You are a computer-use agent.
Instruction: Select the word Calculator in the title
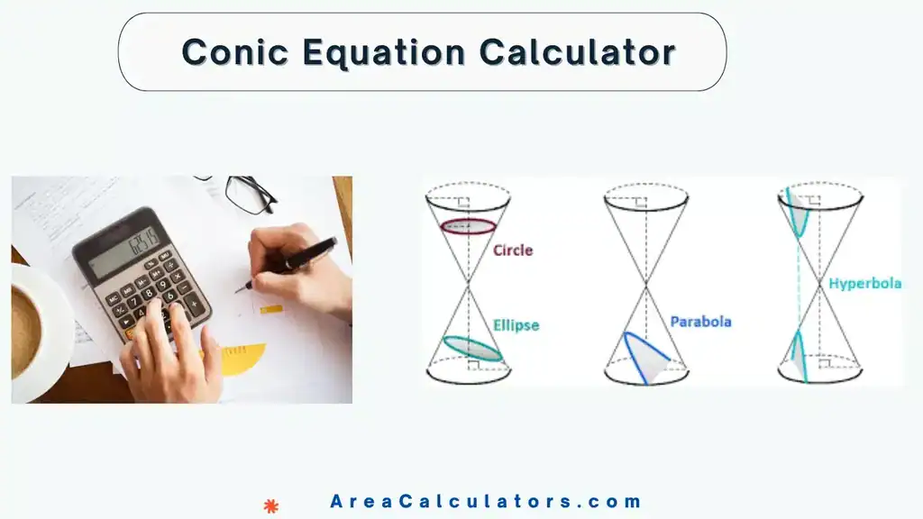[577, 51]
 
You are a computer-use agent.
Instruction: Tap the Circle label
[513, 250]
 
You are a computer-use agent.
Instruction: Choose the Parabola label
[700, 322]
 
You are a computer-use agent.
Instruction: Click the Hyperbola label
[864, 283]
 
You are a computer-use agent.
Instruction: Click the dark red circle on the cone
[467, 226]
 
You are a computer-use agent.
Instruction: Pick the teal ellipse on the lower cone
[472, 350]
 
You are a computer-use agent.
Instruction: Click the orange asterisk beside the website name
[270, 506]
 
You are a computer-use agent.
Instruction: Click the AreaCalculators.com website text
[486, 502]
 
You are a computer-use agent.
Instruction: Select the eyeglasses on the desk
[247, 193]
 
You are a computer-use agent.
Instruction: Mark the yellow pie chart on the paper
[242, 358]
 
